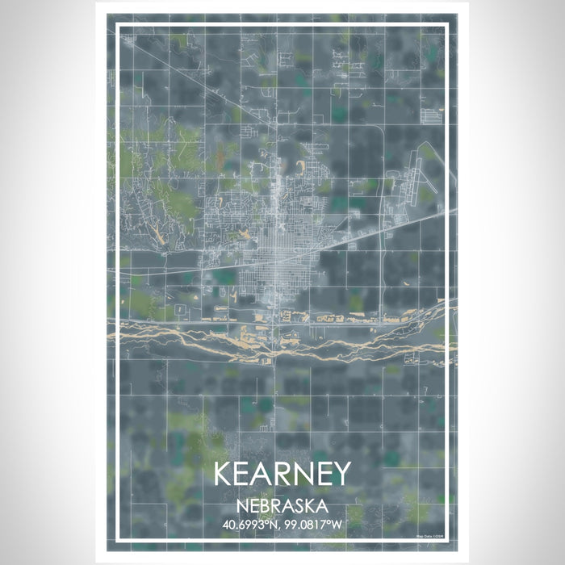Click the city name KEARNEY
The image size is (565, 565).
coord(282,474)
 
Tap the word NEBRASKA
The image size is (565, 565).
coord(282,506)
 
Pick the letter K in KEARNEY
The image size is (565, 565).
coord(224,474)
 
